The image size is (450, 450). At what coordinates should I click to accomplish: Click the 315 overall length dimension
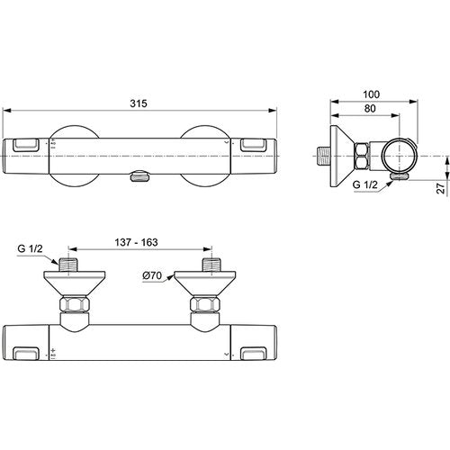139,103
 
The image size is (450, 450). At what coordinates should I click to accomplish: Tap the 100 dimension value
371,94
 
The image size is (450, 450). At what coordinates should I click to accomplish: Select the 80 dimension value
370,109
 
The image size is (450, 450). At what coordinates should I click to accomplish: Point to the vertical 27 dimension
441,188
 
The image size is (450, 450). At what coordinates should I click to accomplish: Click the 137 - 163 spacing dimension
136,242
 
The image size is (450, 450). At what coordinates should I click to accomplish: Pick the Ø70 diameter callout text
152,275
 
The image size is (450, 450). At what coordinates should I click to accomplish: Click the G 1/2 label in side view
365,184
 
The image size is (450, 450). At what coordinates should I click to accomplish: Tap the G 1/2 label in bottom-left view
31,248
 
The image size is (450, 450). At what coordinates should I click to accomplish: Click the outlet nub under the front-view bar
139,175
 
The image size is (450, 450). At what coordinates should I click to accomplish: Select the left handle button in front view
26,145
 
